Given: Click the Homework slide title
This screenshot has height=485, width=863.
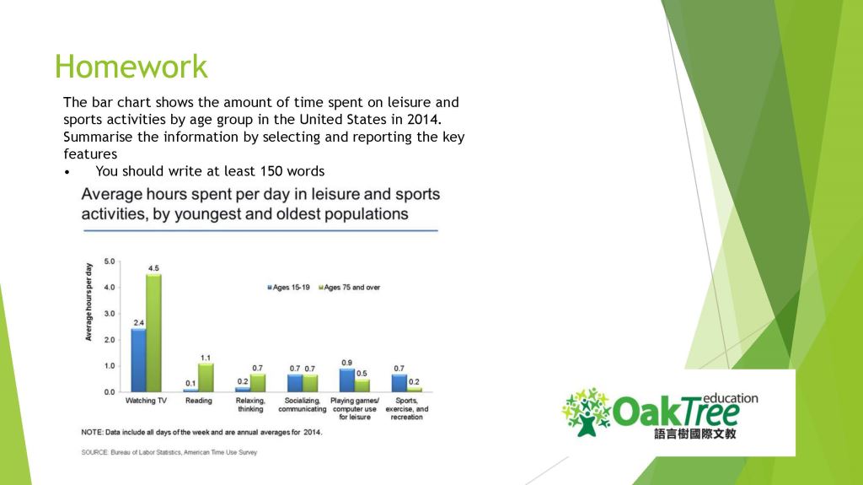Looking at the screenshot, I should click(x=131, y=67).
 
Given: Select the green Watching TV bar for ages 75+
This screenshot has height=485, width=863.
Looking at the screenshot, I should click(x=153, y=333).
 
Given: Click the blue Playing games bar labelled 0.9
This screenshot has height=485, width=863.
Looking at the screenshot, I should click(x=346, y=380).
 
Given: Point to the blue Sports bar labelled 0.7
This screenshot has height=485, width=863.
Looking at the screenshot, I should click(x=399, y=383).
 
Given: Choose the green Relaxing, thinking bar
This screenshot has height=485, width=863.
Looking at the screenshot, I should click(x=258, y=383).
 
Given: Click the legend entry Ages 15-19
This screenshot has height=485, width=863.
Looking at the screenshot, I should click(x=291, y=288).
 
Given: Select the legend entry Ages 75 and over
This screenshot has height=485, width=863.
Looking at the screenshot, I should click(x=349, y=288).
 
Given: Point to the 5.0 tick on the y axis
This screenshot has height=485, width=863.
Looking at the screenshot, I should click(x=110, y=261).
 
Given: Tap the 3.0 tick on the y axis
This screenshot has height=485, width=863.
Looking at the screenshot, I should click(x=110, y=314).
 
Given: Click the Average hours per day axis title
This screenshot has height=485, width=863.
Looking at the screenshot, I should click(x=88, y=302).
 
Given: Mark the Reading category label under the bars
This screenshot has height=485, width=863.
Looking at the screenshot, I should click(x=199, y=401).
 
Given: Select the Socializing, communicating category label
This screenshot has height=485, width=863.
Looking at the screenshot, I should click(x=302, y=405).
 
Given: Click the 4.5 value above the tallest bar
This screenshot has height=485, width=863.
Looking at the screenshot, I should click(x=153, y=268).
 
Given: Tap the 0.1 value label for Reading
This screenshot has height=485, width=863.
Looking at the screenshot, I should click(x=190, y=383).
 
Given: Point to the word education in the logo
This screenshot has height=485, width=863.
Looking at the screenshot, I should click(x=730, y=398).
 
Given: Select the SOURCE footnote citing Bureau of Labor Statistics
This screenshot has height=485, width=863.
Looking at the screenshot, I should click(x=169, y=452).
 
